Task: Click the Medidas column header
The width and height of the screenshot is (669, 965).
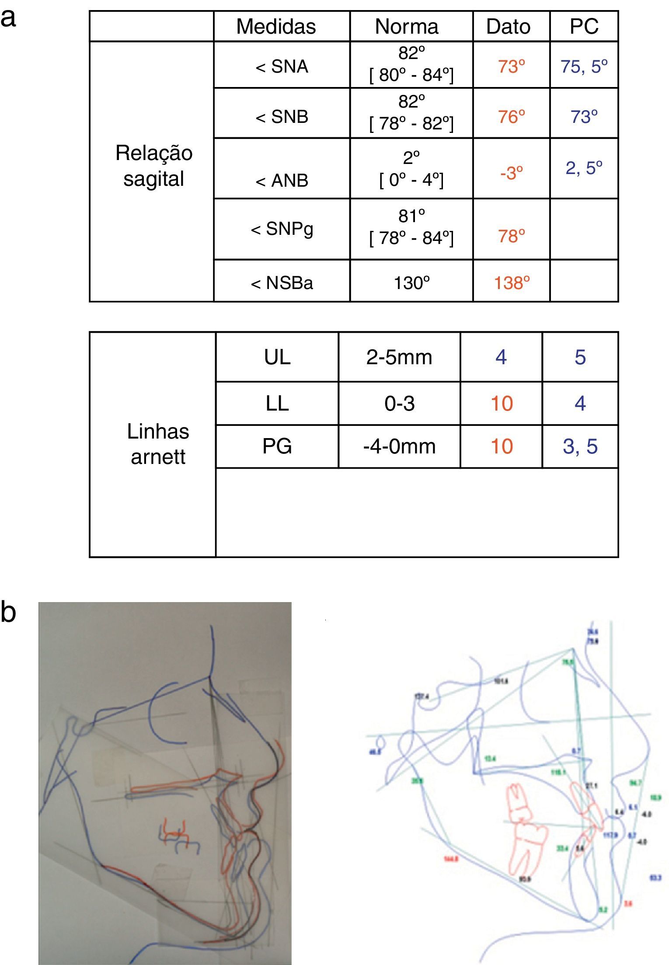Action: [276, 26]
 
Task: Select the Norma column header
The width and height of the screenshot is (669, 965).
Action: [407, 26]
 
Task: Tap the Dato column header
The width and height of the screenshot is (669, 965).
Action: [508, 26]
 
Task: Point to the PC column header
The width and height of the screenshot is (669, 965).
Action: [584, 26]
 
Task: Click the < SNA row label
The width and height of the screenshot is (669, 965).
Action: [282, 66]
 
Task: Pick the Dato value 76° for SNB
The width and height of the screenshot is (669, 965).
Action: [511, 117]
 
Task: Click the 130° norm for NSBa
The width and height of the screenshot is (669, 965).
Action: [411, 283]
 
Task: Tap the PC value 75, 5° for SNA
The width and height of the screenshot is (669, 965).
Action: [584, 66]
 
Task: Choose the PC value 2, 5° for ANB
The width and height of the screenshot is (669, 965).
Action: [584, 168]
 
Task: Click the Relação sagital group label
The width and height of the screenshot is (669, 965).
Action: [153, 166]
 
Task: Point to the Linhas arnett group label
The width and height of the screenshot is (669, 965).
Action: [158, 444]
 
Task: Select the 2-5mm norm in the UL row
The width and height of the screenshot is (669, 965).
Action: [399, 357]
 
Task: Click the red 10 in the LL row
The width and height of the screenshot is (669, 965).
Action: [501, 403]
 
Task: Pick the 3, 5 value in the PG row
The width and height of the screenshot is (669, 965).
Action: [580, 446]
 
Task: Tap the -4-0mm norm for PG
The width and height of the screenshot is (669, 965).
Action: [399, 446]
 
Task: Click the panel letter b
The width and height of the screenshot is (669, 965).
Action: [8, 612]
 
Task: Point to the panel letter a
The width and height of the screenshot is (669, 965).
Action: [8, 19]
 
